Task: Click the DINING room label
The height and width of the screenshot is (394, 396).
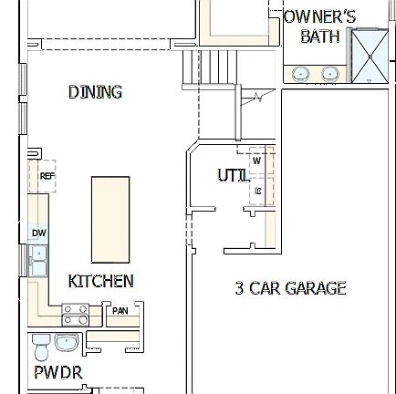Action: point(95,92)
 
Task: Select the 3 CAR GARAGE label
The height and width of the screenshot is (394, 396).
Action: point(290,288)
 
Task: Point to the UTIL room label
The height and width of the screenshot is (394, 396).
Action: point(230,173)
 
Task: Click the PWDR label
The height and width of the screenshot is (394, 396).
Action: point(59,373)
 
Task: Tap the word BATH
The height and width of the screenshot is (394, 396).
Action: point(319,37)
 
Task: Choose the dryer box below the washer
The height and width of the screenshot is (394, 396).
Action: point(259,192)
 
